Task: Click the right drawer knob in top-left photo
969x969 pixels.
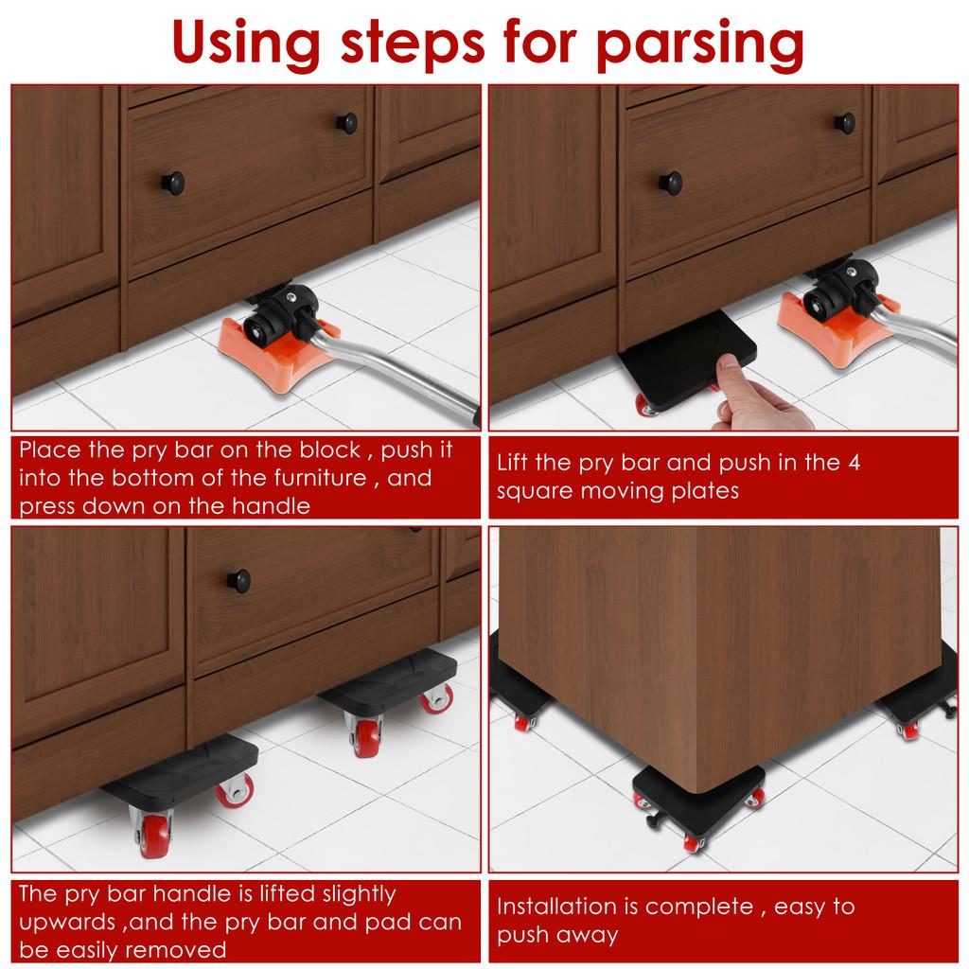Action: [347, 122]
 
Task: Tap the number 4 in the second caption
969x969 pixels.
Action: [854, 463]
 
